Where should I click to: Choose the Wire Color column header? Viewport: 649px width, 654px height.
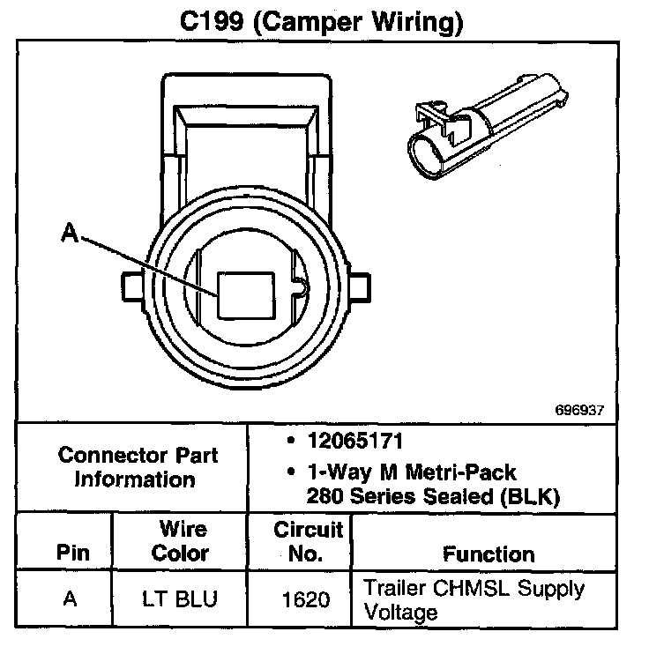(181, 541)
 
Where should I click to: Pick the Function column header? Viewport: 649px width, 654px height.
(488, 554)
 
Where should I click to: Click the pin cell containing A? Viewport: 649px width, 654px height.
(69, 599)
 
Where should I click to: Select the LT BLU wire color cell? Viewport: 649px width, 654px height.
(180, 599)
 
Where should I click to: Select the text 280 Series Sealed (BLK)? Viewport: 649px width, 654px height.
(433, 496)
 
